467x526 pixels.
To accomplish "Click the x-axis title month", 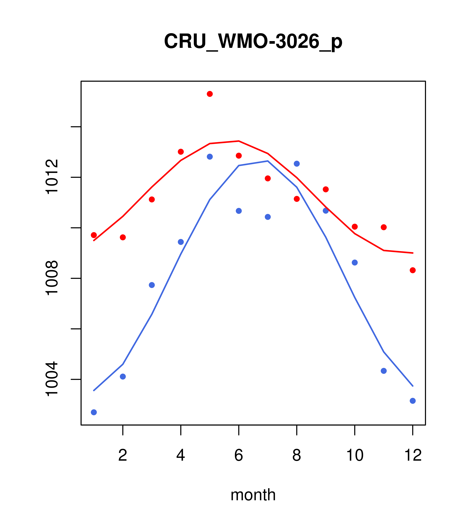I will pos(253,495).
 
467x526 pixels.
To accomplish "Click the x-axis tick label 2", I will pos(123,455).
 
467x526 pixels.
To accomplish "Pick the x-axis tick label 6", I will pos(239,455).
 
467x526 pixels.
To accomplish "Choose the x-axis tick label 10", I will pos(355,455).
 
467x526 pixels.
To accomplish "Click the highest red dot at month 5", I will pos(210,94).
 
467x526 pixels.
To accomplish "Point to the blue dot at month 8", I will pos(297,164).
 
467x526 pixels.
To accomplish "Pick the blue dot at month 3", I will pos(152,285).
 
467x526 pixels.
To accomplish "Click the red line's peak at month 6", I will pos(239,141).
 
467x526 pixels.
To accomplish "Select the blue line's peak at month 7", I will pos(268,161).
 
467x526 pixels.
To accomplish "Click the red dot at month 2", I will pos(123,237).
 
